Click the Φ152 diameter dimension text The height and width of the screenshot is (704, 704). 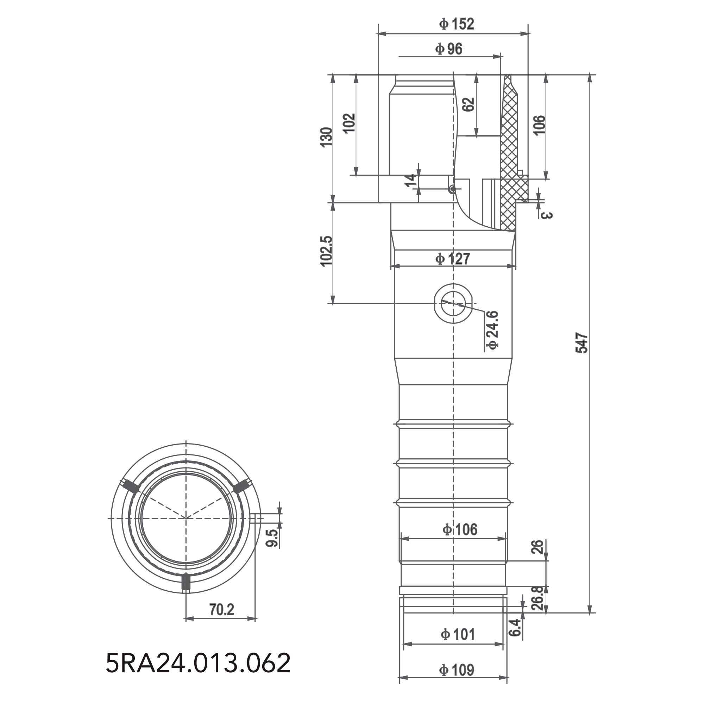(x=457, y=24)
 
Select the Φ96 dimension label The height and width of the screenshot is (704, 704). (x=448, y=49)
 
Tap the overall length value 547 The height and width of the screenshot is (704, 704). (x=582, y=342)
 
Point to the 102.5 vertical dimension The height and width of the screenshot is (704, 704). (x=327, y=251)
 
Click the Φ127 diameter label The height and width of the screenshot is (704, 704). (x=453, y=259)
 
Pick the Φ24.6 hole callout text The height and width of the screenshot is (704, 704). (x=493, y=330)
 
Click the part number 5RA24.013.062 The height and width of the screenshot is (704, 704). (x=198, y=663)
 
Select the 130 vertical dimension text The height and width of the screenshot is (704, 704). (x=327, y=137)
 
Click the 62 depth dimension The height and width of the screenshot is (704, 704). (x=469, y=105)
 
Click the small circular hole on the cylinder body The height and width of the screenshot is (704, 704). (x=453, y=303)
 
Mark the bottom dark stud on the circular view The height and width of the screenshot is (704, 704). (x=186, y=582)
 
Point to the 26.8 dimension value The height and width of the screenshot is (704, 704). (x=538, y=598)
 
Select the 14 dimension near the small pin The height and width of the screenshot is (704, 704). (x=411, y=180)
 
